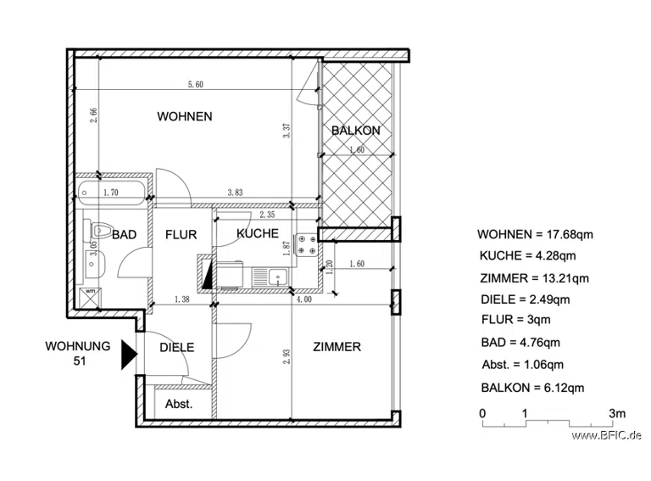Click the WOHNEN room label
click(x=184, y=116)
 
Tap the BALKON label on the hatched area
click(x=356, y=131)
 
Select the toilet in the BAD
click(x=97, y=231)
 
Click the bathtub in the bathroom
click(x=111, y=193)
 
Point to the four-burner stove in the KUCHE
click(x=306, y=244)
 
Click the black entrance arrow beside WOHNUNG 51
click(x=129, y=355)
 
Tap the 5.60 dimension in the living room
click(x=196, y=84)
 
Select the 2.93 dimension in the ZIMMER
click(x=287, y=356)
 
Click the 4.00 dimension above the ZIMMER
click(x=304, y=299)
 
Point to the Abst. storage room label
click(x=179, y=404)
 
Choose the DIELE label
click(x=177, y=347)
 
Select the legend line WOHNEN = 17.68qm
click(x=535, y=235)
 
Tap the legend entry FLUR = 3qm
click(x=516, y=320)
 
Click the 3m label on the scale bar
click(x=617, y=413)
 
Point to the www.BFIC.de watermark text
click(x=607, y=436)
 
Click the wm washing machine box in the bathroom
click(x=90, y=298)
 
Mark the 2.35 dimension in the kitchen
click(x=267, y=215)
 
